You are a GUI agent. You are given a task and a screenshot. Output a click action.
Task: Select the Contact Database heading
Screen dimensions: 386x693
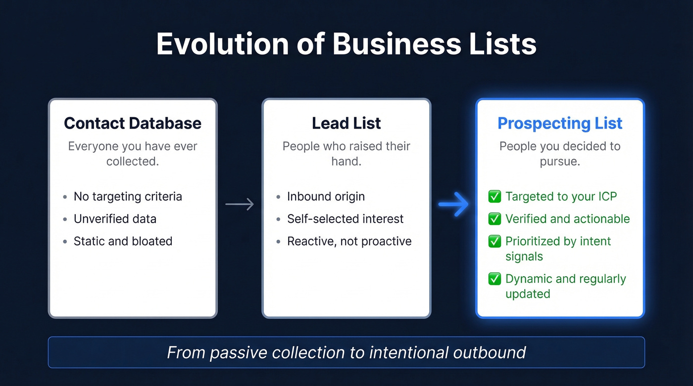(x=133, y=123)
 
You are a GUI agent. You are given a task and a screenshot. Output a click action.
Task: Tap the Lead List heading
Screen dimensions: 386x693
(x=346, y=123)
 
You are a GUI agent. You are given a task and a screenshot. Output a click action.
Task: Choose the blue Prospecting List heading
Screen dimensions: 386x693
(x=560, y=123)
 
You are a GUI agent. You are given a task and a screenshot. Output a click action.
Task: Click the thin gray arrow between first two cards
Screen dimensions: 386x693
(x=240, y=204)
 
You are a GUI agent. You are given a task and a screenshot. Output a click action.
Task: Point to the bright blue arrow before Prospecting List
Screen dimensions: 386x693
(x=453, y=204)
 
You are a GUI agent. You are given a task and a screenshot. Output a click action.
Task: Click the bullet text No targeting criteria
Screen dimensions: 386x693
(x=128, y=196)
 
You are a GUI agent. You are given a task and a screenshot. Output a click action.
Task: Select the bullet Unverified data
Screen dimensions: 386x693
(x=115, y=218)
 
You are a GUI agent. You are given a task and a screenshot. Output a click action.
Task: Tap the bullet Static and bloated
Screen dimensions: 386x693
(x=123, y=241)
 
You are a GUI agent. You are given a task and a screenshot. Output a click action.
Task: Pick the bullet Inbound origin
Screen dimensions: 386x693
(x=326, y=196)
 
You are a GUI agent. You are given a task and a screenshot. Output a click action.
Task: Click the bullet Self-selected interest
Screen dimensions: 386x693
(x=345, y=218)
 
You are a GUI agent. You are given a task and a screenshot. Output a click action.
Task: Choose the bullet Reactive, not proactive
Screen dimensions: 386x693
(x=349, y=241)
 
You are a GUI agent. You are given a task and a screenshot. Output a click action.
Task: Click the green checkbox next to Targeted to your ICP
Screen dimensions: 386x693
(x=495, y=197)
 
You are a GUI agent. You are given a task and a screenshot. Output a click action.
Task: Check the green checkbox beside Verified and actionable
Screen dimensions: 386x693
(x=495, y=219)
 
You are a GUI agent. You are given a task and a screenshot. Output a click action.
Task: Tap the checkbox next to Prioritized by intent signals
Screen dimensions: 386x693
(x=495, y=241)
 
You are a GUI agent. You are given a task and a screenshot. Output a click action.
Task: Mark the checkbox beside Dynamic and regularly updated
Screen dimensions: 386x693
(x=495, y=279)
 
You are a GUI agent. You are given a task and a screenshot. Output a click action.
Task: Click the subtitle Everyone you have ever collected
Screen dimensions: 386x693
(x=133, y=154)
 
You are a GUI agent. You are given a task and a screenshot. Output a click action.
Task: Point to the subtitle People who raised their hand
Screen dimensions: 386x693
(x=346, y=154)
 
